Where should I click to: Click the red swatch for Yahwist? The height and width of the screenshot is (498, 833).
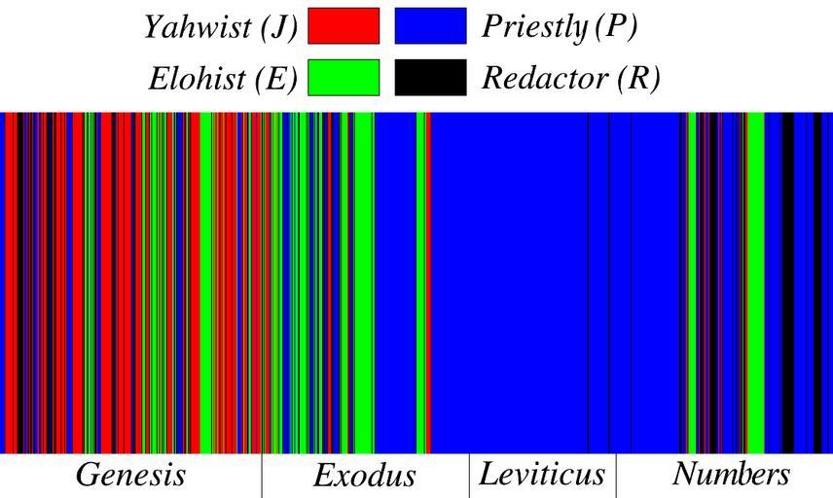(x=344, y=26)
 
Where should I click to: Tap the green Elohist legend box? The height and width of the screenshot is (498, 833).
(x=344, y=78)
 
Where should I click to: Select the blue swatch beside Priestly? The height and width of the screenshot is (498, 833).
(x=430, y=26)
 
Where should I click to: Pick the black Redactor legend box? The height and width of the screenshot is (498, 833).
(x=430, y=78)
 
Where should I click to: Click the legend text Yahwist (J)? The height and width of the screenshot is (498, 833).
(x=221, y=26)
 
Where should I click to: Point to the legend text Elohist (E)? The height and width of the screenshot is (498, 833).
(x=223, y=79)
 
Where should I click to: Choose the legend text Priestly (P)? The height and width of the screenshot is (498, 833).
(x=560, y=26)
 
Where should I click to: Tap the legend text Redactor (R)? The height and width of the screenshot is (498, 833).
(x=571, y=79)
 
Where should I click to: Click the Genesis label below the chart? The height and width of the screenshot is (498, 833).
(x=130, y=475)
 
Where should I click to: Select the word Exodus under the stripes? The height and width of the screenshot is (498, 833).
(x=364, y=476)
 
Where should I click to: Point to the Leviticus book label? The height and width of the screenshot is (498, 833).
(x=542, y=475)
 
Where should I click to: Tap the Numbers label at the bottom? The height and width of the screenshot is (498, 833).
(x=731, y=475)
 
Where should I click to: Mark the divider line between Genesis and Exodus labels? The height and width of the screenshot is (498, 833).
(x=262, y=476)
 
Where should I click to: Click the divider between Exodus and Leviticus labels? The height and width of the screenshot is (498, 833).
(x=469, y=476)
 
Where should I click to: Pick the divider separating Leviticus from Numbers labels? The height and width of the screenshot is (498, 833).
(x=615, y=476)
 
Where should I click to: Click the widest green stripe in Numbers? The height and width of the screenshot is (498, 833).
(x=755, y=282)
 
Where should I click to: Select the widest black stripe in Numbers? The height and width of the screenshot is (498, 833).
(x=788, y=282)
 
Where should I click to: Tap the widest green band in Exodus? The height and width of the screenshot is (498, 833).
(x=364, y=282)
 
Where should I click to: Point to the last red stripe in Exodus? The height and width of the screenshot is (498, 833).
(x=428, y=282)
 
